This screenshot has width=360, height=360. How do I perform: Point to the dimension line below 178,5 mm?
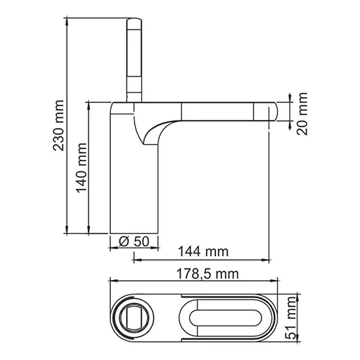click(194, 282)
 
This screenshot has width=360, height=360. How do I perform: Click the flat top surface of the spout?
click(216, 102)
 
